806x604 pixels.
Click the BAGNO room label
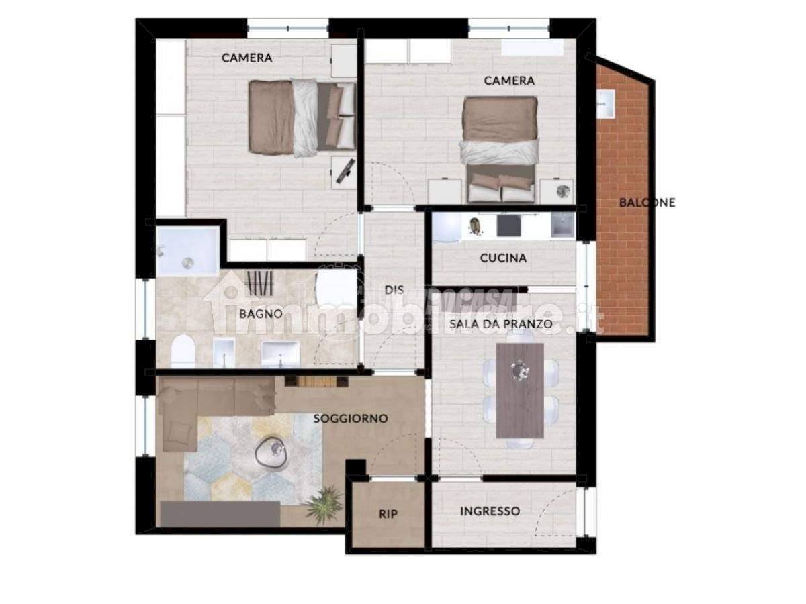[x=261, y=314]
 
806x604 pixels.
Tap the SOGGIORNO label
[x=351, y=418]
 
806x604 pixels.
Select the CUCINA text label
[x=503, y=258]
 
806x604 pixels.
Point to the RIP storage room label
[x=388, y=514]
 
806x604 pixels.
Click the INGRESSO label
[x=490, y=511]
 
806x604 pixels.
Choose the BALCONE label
[x=647, y=203]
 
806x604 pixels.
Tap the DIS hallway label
[x=394, y=290]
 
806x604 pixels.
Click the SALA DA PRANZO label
[x=501, y=324]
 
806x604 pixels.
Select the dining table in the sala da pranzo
[x=520, y=391]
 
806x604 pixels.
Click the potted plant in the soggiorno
[x=324, y=504]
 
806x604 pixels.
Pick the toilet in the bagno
[x=183, y=351]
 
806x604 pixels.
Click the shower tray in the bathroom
[x=187, y=251]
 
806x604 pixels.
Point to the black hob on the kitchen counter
[x=509, y=225]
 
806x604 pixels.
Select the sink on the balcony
[x=606, y=104]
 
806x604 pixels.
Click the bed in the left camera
[x=302, y=117]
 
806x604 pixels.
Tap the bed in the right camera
[x=500, y=150]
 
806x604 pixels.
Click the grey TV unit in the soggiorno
[x=220, y=514]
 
